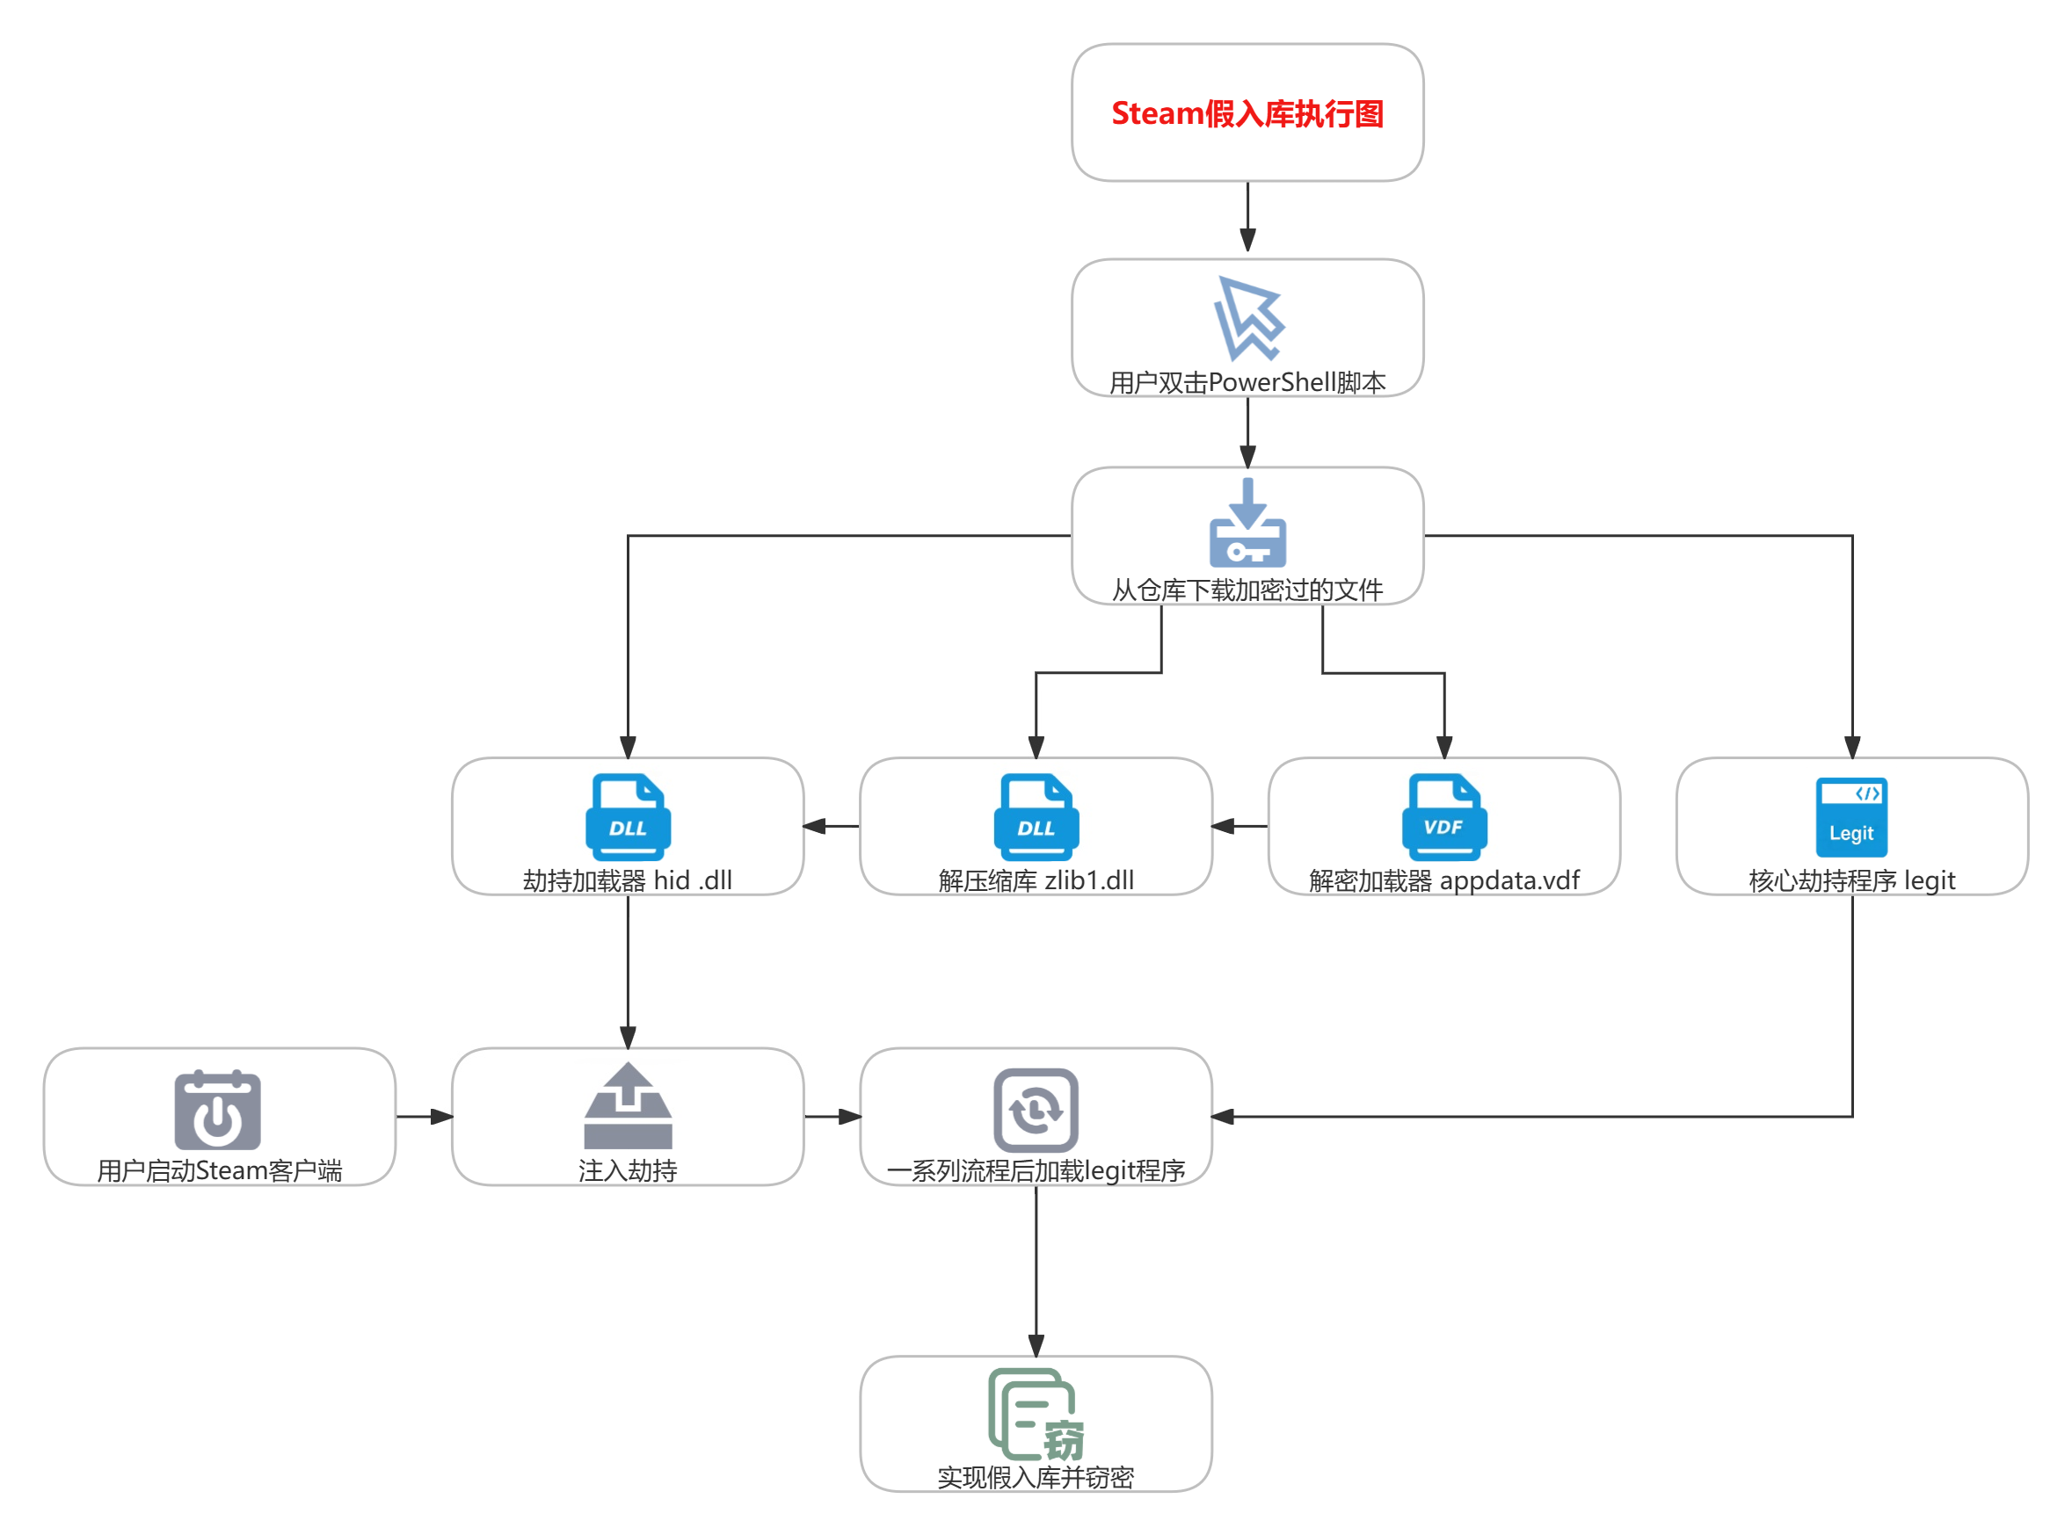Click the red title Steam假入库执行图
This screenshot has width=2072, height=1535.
(x=1247, y=113)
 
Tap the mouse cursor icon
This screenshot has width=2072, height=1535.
(x=1248, y=319)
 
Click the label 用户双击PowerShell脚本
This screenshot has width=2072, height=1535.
(x=1247, y=382)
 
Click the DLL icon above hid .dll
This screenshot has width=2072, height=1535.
(x=628, y=817)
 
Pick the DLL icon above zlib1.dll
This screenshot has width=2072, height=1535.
(x=1036, y=817)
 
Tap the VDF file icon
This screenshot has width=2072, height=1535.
(x=1443, y=817)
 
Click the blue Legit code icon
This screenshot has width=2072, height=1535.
(x=1850, y=817)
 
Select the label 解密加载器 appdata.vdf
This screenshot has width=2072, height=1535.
(x=1443, y=880)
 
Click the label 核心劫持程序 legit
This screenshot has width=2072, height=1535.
(x=1850, y=880)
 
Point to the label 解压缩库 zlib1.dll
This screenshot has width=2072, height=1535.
(x=1036, y=880)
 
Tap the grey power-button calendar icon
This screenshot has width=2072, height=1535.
(x=217, y=1110)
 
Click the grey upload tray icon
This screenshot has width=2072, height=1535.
(x=628, y=1105)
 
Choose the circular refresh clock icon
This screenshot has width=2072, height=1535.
(x=1036, y=1110)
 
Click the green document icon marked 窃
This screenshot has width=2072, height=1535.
(x=1034, y=1415)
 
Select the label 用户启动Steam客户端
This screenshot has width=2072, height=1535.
(x=220, y=1169)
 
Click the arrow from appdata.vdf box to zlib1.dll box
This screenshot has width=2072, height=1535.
(x=1240, y=825)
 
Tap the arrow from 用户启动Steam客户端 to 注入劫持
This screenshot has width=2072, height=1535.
(x=424, y=1116)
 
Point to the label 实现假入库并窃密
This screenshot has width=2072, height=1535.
(x=1036, y=1476)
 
